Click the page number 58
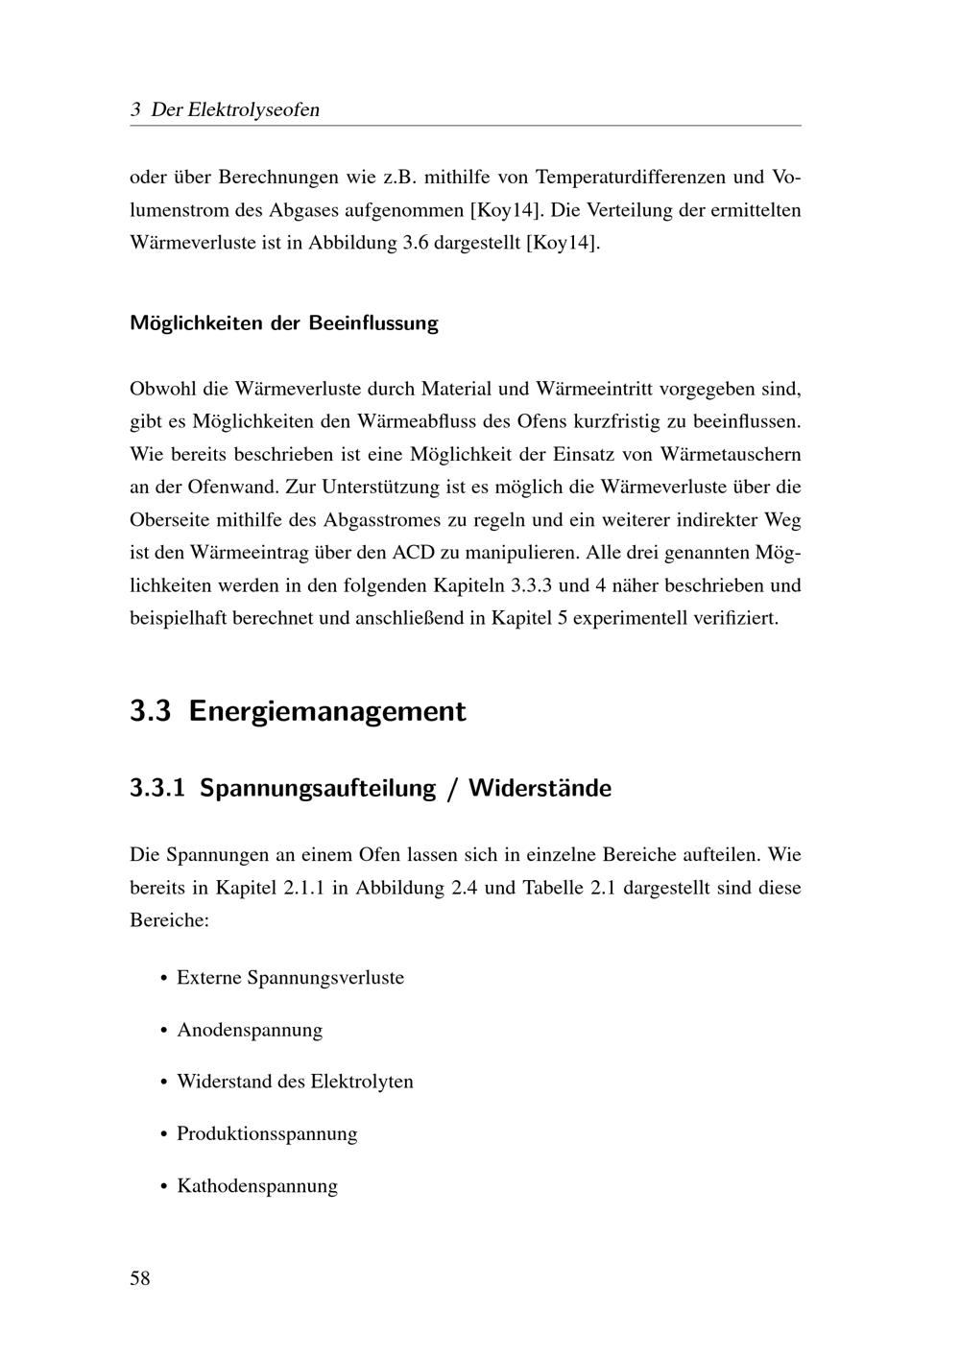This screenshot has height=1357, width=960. (x=140, y=1278)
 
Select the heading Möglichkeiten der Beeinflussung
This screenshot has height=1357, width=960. (x=283, y=322)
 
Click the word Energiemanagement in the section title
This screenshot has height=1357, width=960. (x=327, y=711)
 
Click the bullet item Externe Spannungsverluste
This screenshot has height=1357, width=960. (x=290, y=978)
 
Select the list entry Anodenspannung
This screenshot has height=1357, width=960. (x=250, y=1030)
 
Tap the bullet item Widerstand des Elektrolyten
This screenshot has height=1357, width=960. (x=295, y=1082)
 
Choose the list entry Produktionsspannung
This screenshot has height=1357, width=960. (x=267, y=1133)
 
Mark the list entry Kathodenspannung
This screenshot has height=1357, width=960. (x=257, y=1185)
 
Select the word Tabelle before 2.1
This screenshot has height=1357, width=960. (x=553, y=887)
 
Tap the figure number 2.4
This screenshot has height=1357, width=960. (x=461, y=887)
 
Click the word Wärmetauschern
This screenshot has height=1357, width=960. (x=731, y=454)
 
